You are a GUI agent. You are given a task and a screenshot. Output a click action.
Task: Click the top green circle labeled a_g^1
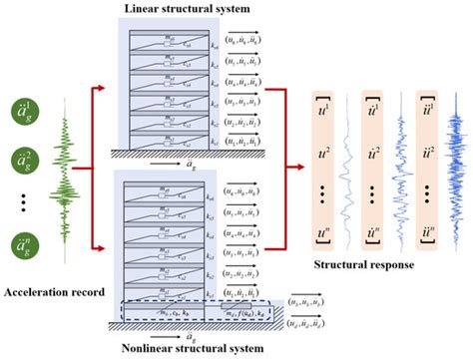(x=21, y=112)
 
